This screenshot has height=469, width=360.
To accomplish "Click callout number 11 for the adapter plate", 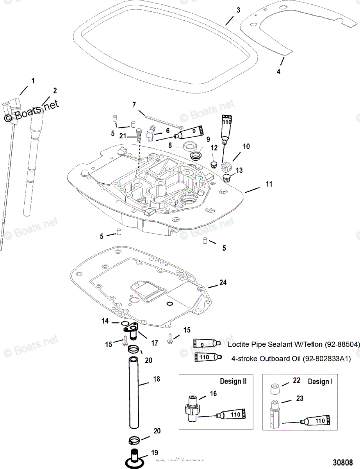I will pos(269,183).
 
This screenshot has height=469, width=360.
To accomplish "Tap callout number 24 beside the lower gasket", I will pos(223,282).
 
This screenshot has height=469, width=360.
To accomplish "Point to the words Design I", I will pos(320,381).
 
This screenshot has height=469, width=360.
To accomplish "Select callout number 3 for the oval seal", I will pos(239,10).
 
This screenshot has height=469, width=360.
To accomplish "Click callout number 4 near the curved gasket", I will pos(278,72).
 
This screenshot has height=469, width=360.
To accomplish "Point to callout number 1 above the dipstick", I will pos(33,81).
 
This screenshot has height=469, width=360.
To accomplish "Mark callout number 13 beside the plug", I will pos(239,170).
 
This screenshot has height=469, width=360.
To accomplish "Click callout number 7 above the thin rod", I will pos(134,105).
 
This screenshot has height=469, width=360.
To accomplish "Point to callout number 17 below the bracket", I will pos(155,343).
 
